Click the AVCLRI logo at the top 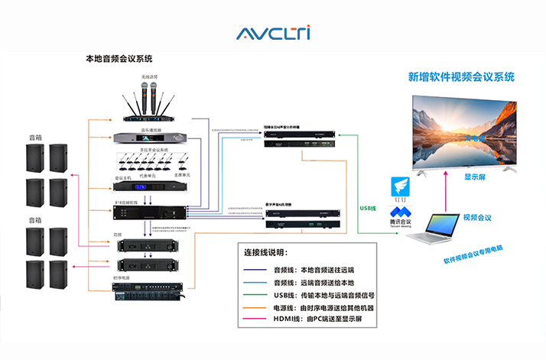[x=273, y=33]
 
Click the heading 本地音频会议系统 [x=119, y=58]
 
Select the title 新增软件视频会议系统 [x=461, y=77]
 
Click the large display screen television [x=463, y=132]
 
